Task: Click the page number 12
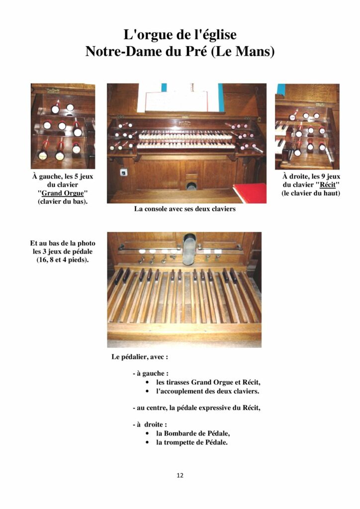coord(180,475)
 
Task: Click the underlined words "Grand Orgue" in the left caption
coord(63,193)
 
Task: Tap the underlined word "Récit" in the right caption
coord(327,185)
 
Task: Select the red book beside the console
coord(250,193)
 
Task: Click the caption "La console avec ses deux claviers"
coord(184,209)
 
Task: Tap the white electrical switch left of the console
coord(123,173)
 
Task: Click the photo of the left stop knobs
coord(63,126)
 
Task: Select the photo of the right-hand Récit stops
coord(307,126)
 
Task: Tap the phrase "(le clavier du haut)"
coord(311,193)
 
